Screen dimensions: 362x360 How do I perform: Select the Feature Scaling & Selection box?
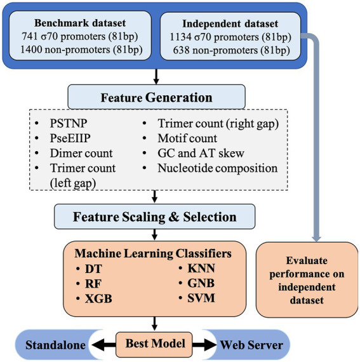[x=155, y=217]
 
